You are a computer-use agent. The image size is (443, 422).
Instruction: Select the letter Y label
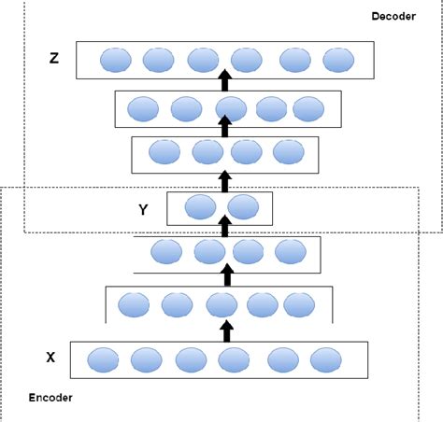pos(143,209)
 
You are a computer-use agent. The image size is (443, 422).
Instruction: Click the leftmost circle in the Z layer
pos(112,61)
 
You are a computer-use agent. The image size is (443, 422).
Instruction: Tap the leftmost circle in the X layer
pos(103,359)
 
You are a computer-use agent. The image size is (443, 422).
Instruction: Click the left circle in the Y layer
pos(200,207)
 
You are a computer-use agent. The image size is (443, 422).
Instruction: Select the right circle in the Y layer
pos(241,207)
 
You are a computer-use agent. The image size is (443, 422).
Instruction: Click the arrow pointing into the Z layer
pos(224,77)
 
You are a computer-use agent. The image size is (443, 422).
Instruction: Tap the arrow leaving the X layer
pos(224,331)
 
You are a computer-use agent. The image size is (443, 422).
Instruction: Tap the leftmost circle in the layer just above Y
pos(163,152)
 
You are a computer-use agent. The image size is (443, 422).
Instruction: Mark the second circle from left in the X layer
pos(146,359)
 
